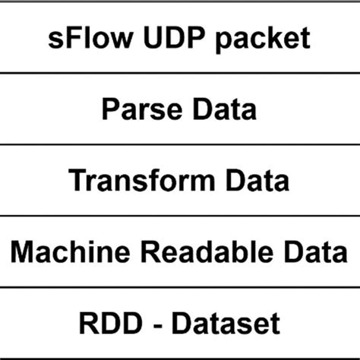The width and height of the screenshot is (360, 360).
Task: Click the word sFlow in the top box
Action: tap(83, 38)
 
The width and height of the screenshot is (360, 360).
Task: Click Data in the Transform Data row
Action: tap(254, 181)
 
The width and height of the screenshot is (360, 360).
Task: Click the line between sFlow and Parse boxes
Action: tap(180, 72)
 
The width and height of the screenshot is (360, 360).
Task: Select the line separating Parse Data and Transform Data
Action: tap(180, 144)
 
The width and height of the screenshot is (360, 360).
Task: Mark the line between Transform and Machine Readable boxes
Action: tap(180, 216)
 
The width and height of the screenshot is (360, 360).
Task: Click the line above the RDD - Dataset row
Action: tap(180, 288)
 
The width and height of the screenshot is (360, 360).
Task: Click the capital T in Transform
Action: tap(77, 181)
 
